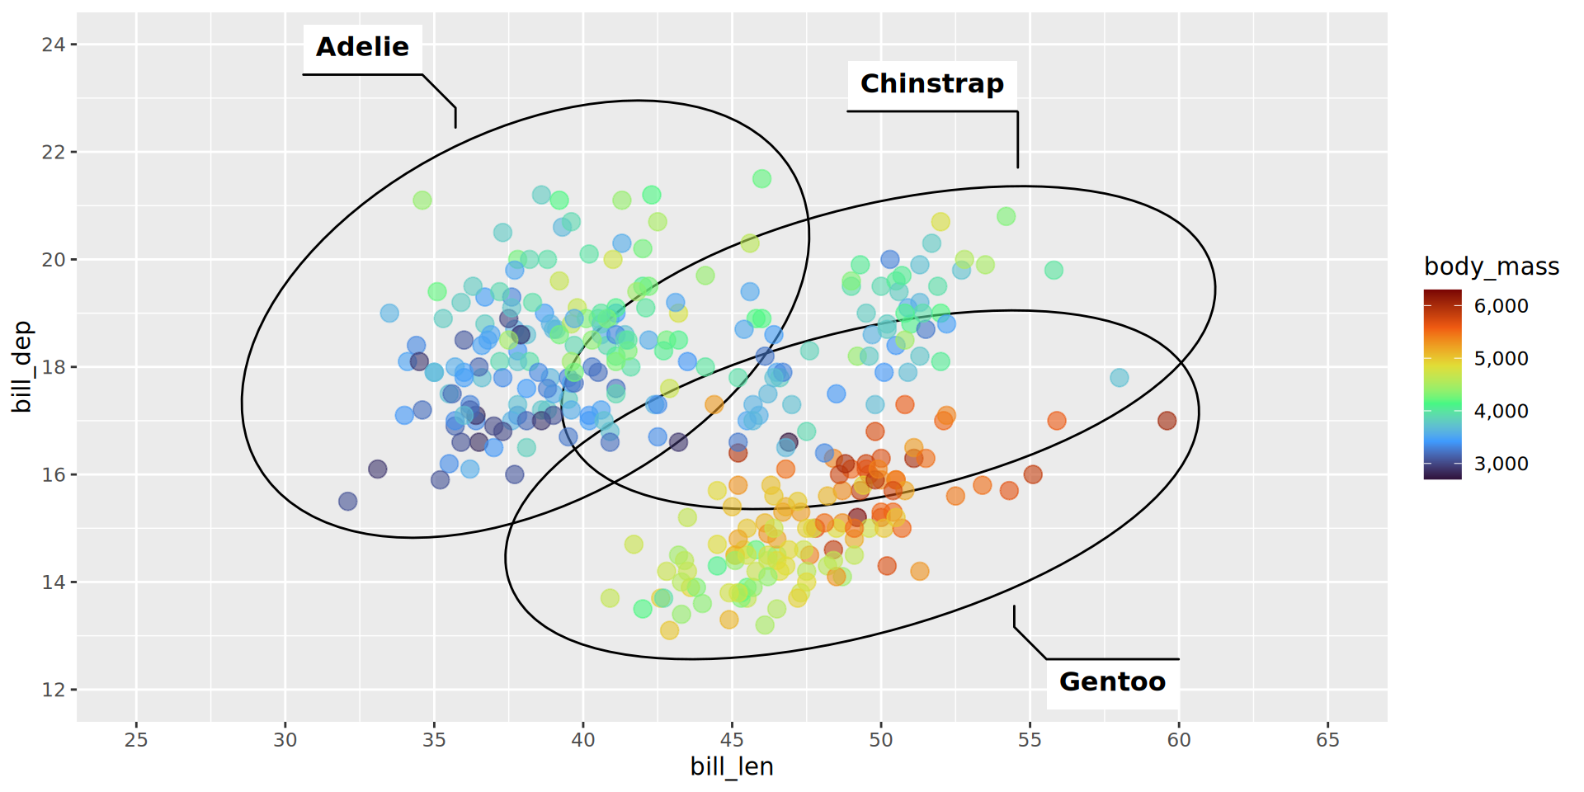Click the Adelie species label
tap(362, 47)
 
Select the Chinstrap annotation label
tap(931, 84)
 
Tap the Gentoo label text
tap(1112, 682)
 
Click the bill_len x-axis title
tap(732, 767)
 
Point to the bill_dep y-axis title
tap(22, 367)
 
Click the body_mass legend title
tap(1491, 266)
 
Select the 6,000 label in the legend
tap(1501, 306)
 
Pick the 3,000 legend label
tap(1501, 464)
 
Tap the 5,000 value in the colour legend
tap(1501, 359)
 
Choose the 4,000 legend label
tap(1501, 411)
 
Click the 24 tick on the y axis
tap(54, 45)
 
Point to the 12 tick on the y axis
tap(54, 690)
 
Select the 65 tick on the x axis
tap(1327, 740)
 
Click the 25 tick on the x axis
tap(136, 740)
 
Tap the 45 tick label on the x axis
tap(732, 740)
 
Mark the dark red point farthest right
tap(1167, 421)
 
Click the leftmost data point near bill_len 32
tap(348, 502)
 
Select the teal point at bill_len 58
tap(1119, 378)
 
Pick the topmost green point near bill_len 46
tap(761, 179)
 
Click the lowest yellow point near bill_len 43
tap(669, 630)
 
